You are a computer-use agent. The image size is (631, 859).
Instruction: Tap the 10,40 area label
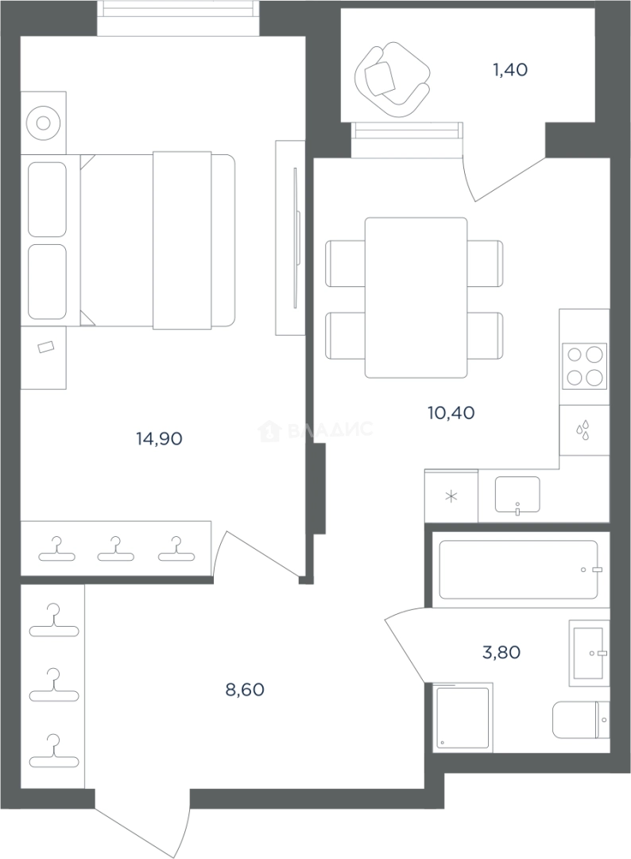point(451,413)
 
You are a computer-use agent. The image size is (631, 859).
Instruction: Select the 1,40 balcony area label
point(510,69)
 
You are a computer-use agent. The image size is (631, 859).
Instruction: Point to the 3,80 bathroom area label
point(501,652)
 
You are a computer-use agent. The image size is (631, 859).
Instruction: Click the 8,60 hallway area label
point(245,690)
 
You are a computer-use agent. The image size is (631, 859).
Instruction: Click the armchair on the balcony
point(392,80)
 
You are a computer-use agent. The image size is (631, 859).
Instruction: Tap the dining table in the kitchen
point(416,297)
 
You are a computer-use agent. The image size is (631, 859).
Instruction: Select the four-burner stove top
point(584,365)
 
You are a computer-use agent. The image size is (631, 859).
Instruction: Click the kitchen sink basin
point(517,495)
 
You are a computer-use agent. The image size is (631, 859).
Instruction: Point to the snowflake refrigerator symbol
point(451,497)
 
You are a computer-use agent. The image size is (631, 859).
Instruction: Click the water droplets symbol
point(583,430)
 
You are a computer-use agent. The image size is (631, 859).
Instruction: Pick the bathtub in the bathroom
point(518,569)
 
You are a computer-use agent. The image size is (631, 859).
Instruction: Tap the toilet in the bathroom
point(581,720)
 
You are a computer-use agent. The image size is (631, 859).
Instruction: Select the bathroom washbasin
point(589,653)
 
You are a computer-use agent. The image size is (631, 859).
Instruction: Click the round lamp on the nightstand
point(43,122)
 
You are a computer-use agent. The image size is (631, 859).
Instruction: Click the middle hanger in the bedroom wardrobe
point(115,550)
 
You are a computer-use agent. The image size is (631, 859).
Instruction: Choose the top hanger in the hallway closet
point(53,620)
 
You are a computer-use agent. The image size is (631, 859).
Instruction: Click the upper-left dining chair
point(346,263)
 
